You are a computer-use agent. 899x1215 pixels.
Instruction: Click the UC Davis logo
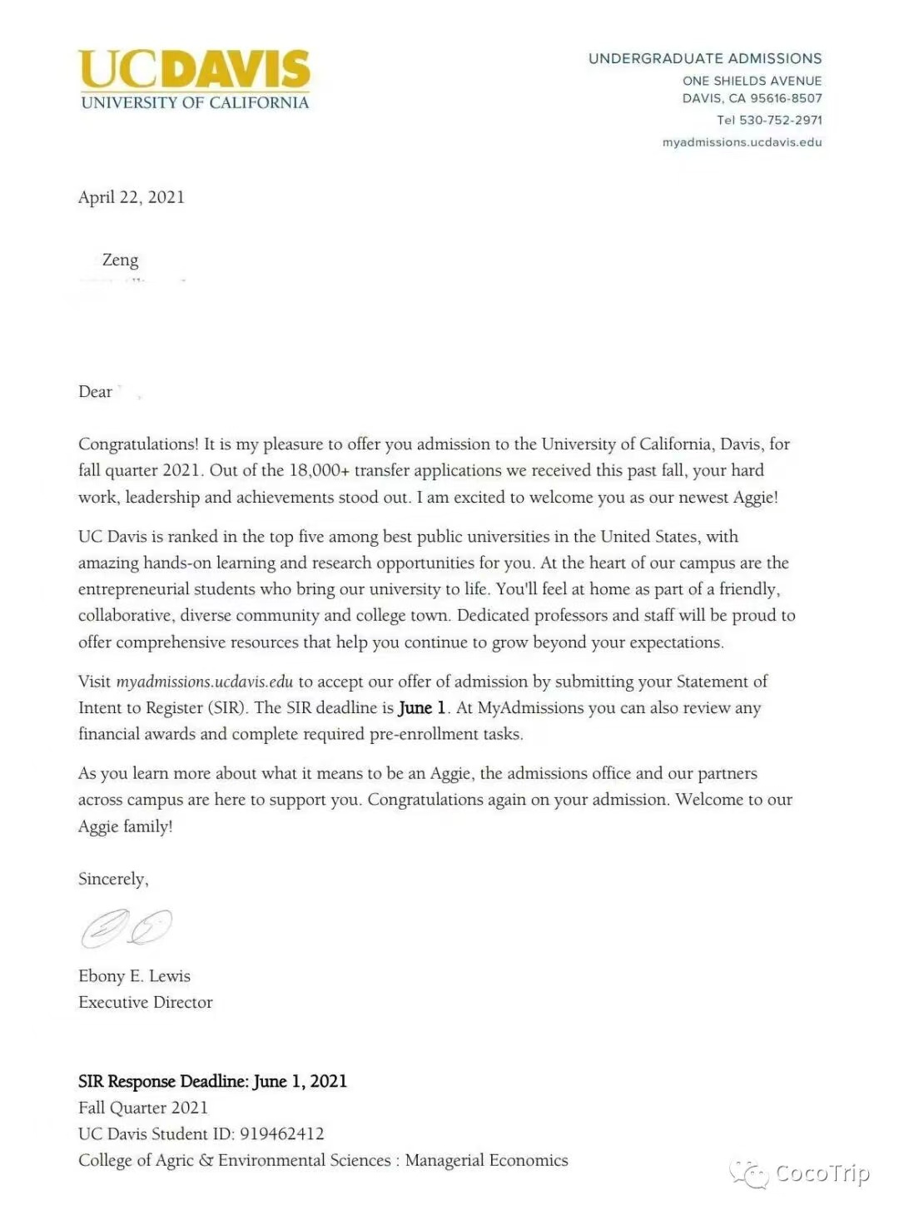pos(195,79)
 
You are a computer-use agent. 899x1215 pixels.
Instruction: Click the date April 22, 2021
pos(132,197)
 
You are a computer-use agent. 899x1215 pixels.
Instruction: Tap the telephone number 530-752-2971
pos(780,120)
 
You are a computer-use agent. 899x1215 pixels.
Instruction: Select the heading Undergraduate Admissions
pos(705,58)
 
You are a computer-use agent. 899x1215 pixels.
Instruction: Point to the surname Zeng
pos(121,260)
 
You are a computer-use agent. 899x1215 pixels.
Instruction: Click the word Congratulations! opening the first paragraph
pos(138,444)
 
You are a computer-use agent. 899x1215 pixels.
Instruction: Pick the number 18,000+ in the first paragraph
pos(319,470)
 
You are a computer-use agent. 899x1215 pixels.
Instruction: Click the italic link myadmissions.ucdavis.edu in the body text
pos(205,682)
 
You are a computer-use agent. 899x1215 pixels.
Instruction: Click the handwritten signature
pos(127,927)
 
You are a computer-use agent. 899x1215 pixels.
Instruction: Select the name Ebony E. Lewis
pos(134,976)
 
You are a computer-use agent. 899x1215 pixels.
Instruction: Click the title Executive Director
pos(146,1002)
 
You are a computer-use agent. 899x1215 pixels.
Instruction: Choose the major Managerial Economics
pos(486,1160)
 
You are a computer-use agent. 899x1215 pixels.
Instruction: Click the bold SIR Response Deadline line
pos(212,1081)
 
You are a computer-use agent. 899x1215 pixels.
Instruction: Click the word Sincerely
pos(113,879)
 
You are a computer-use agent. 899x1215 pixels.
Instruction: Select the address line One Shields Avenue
pos(752,81)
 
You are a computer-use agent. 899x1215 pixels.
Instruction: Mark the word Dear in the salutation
pos(95,392)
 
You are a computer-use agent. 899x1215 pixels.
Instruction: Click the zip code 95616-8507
pos(786,98)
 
